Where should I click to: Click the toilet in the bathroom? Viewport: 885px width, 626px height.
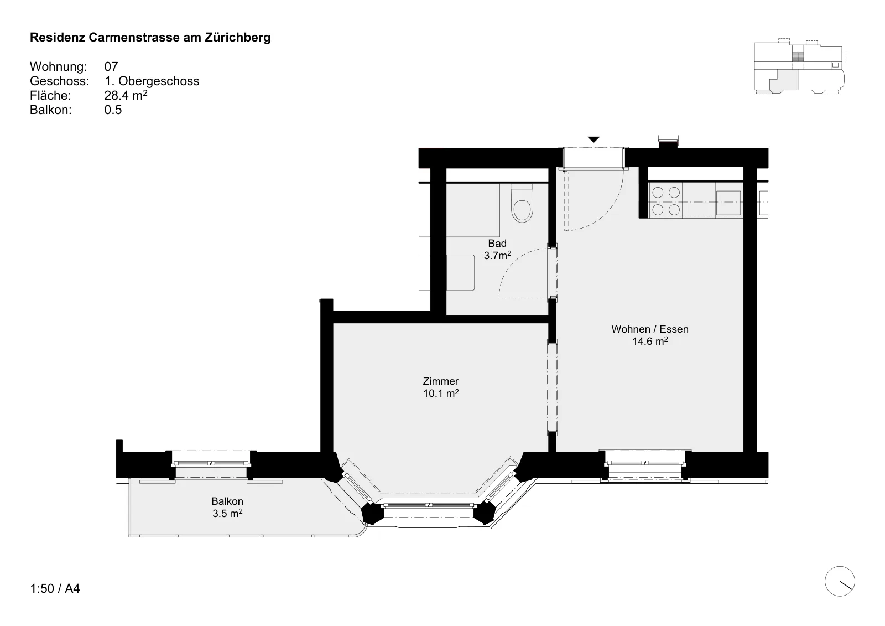(522, 203)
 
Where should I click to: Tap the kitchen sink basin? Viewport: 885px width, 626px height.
(728, 203)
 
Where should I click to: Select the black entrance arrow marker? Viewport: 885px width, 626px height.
(594, 139)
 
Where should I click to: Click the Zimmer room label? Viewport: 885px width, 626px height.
(440, 381)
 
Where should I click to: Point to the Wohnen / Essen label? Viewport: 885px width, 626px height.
(650, 329)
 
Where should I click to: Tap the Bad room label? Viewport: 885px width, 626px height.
(497, 243)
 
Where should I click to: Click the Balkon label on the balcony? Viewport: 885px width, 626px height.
(227, 501)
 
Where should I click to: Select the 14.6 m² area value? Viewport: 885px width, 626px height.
(650, 341)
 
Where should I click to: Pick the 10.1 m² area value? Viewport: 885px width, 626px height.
(441, 393)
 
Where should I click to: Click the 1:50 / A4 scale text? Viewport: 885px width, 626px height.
(55, 588)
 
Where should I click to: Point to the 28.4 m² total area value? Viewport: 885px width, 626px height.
(126, 95)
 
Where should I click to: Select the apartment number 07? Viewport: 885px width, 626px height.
(111, 66)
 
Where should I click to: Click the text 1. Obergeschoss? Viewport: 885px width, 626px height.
(152, 81)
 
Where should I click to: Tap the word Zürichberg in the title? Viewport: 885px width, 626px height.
(238, 37)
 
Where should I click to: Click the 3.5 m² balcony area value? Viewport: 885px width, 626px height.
(227, 513)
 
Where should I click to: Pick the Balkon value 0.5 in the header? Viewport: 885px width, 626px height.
(113, 110)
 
